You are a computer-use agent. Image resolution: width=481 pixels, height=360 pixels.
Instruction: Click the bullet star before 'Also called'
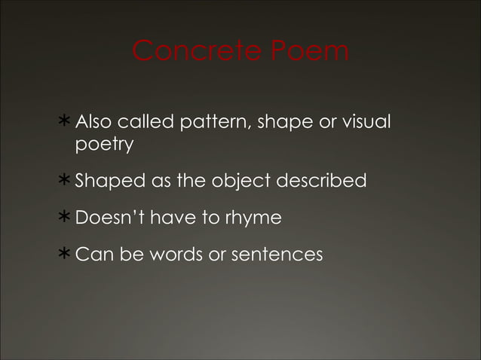pos(66,121)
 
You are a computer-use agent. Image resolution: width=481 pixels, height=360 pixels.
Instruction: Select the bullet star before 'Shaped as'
pos(66,182)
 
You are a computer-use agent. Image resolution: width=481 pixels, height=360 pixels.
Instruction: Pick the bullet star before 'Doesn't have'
pos(66,218)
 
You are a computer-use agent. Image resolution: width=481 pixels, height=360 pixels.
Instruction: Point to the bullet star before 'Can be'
pos(66,255)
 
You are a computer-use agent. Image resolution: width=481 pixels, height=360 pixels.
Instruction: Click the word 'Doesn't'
pos(110,218)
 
